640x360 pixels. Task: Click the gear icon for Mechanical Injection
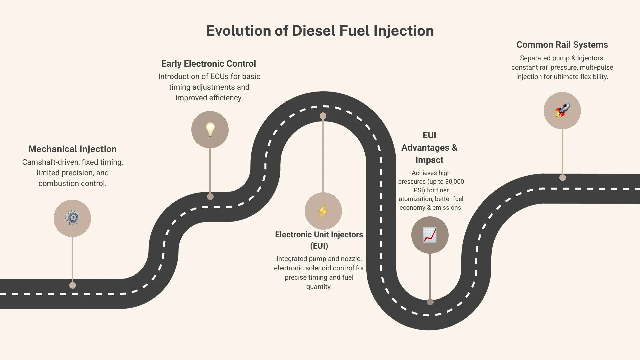(x=72, y=218)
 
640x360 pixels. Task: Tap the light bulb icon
(x=210, y=130)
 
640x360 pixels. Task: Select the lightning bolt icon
(x=323, y=211)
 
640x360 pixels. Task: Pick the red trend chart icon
(x=430, y=235)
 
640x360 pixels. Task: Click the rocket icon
(x=562, y=110)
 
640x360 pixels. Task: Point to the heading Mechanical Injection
(x=72, y=149)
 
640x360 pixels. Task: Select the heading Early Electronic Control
(x=209, y=64)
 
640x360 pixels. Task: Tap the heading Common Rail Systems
(x=562, y=45)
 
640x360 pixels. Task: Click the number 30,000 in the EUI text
(x=454, y=182)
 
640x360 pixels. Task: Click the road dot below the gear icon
(x=72, y=285)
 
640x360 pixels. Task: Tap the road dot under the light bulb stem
(x=210, y=197)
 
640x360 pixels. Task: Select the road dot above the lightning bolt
(x=323, y=116)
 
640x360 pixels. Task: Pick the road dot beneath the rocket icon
(x=562, y=178)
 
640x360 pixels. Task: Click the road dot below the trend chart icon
(x=430, y=302)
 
